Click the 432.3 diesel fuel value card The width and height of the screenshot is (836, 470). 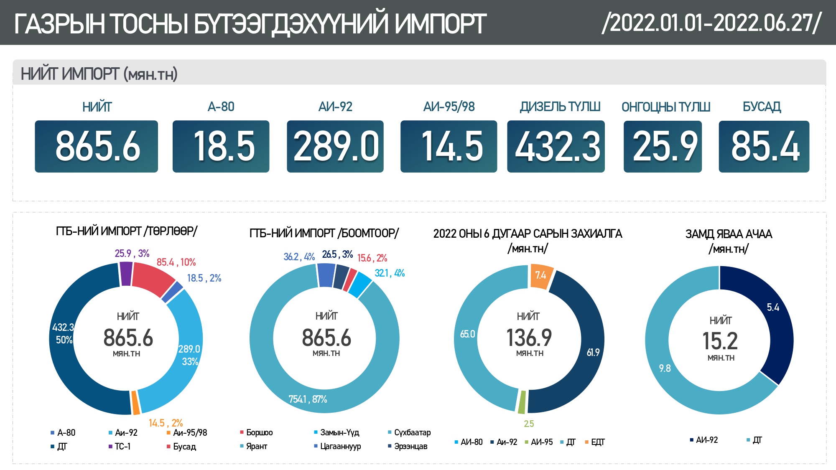(556, 146)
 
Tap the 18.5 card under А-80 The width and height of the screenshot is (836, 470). (221, 146)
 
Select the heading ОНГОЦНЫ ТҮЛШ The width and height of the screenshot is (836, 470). (665, 107)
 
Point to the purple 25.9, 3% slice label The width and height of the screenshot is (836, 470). (132, 253)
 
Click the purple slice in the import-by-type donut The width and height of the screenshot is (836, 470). (126, 274)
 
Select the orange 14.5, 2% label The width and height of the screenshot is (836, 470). (166, 423)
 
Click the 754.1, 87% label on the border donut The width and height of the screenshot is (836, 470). (308, 399)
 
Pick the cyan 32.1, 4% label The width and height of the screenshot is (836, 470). (390, 273)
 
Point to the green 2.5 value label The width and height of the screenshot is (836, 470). (529, 424)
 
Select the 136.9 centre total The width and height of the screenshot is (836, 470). (529, 338)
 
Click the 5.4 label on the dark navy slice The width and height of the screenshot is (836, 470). (773, 307)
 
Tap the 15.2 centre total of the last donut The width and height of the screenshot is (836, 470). (720, 341)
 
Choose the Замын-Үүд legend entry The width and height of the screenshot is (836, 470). (339, 432)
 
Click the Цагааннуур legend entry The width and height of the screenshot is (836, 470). (340, 446)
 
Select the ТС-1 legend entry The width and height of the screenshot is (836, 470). (122, 446)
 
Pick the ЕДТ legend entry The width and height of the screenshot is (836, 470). (597, 442)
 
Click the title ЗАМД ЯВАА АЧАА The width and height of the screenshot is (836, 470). (729, 234)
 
